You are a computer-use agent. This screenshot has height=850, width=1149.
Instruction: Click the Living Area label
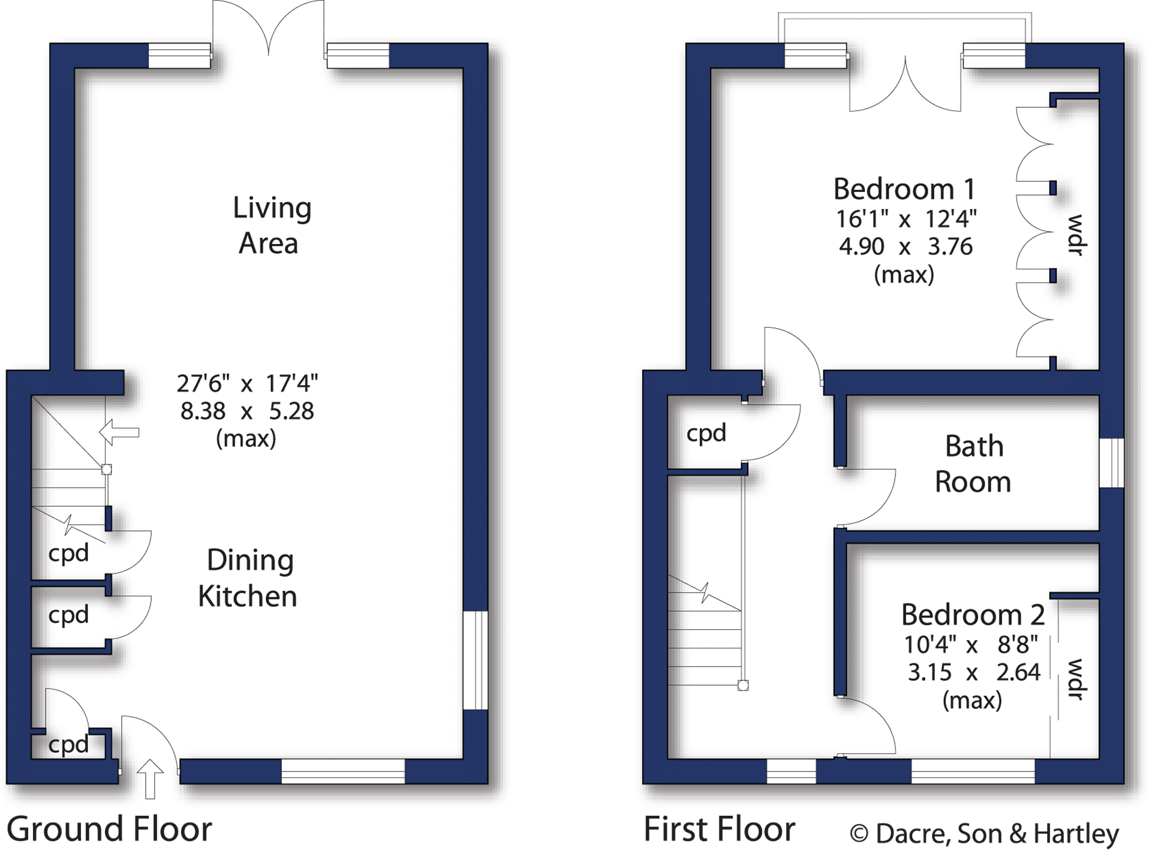click(x=272, y=225)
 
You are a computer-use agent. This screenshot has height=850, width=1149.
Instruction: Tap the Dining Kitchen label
click(x=248, y=578)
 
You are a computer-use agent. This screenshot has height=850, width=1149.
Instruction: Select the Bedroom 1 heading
click(x=904, y=190)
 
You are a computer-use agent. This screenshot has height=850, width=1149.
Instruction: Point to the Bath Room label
click(x=973, y=464)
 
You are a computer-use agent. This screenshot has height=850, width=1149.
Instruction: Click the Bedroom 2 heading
click(x=973, y=615)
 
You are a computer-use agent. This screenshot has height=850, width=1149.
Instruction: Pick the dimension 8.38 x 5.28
click(x=247, y=412)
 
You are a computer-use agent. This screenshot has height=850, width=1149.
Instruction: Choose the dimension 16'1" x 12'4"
click(x=906, y=220)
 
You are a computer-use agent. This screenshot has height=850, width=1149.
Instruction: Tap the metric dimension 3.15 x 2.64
click(x=974, y=672)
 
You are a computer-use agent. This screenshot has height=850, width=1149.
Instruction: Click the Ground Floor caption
click(x=109, y=830)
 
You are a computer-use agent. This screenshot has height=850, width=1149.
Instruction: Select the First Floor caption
click(x=719, y=830)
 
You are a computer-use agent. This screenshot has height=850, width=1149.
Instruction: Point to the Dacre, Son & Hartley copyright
click(x=984, y=833)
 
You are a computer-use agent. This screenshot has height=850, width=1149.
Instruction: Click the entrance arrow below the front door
click(x=150, y=778)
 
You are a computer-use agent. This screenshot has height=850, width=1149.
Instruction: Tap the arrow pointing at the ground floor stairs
click(x=119, y=432)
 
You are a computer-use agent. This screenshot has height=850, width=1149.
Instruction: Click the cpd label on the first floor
click(x=706, y=433)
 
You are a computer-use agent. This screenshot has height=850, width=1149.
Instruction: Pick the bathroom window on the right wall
click(x=1111, y=462)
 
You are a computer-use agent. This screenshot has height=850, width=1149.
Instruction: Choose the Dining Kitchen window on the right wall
click(x=476, y=660)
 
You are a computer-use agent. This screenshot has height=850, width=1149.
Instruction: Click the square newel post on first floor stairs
click(x=743, y=686)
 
